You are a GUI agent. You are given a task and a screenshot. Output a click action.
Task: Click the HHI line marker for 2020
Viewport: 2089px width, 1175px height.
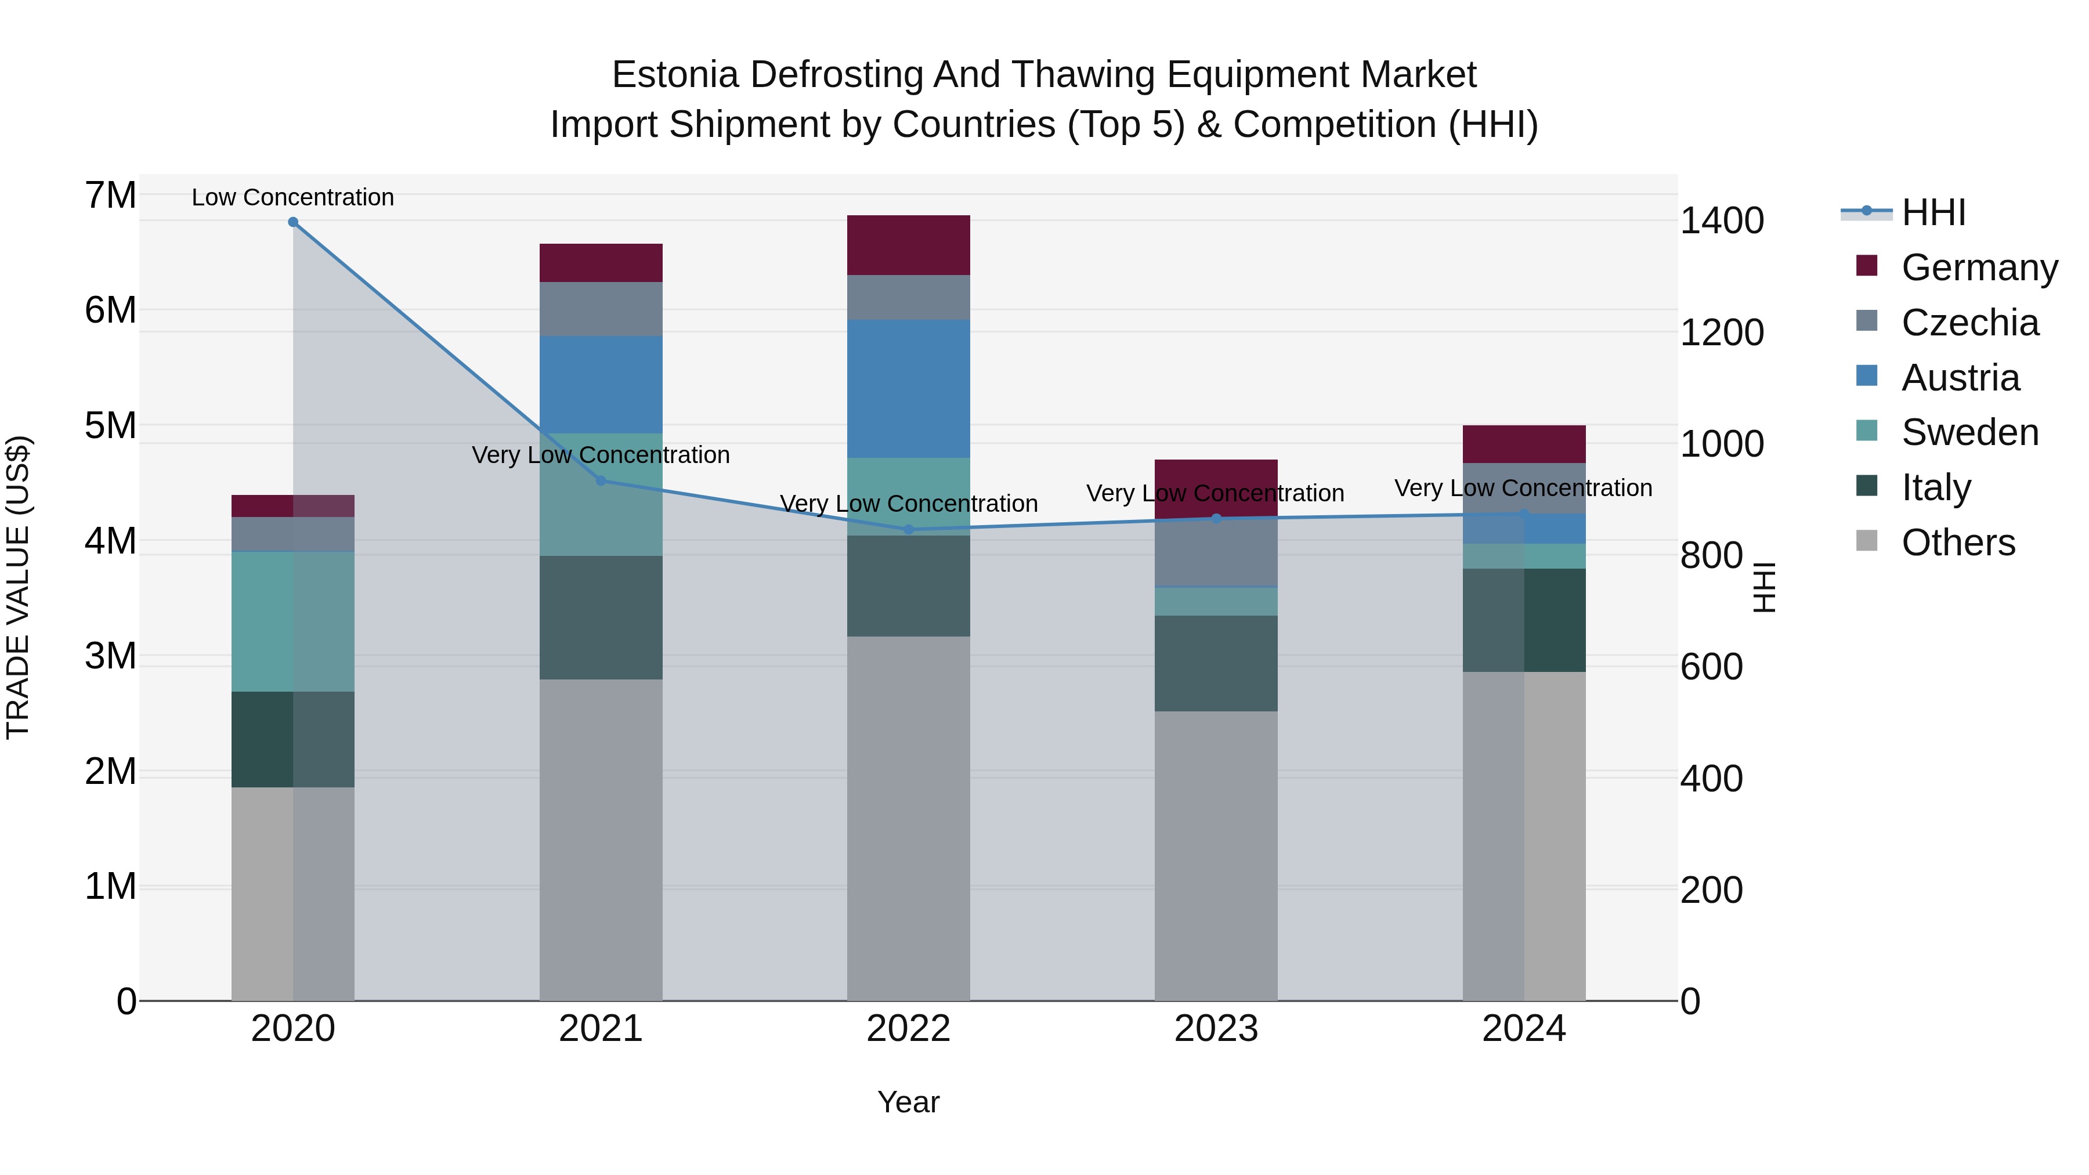293,222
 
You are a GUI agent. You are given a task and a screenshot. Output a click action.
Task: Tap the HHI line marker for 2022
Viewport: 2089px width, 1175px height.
908,530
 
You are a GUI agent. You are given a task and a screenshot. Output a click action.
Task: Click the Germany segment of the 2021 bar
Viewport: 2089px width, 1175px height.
601,263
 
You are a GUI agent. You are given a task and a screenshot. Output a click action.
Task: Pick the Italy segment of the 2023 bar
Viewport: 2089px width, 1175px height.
1216,663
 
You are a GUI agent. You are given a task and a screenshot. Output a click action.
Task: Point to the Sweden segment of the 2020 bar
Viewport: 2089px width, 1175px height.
293,621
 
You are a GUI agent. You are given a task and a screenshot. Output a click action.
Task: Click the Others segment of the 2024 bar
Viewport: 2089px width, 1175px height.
1524,835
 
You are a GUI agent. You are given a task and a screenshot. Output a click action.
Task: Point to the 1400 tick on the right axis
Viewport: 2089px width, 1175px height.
1721,220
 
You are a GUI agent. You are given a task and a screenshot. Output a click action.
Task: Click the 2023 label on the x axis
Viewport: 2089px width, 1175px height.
1216,1029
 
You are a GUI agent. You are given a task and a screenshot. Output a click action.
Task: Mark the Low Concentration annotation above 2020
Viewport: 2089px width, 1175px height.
293,197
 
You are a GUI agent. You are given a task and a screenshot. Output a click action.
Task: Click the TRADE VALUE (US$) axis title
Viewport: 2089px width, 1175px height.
18,587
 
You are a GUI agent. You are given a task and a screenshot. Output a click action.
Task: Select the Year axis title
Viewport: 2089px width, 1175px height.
908,1102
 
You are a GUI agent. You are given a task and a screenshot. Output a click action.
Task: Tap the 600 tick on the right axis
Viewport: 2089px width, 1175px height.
1711,667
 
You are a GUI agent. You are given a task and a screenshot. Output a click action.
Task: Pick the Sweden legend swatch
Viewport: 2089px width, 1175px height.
1867,431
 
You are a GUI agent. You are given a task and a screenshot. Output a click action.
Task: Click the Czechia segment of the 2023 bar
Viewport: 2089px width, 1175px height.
1216,552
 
